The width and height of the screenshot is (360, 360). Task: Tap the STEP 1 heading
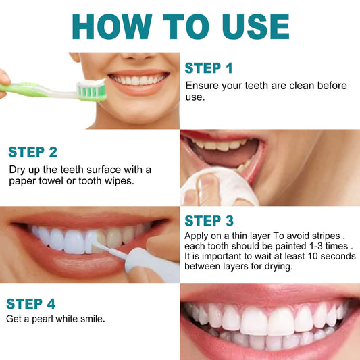(209, 68)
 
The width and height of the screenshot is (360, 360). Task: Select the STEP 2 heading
(33, 151)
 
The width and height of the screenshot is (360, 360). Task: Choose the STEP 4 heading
(32, 303)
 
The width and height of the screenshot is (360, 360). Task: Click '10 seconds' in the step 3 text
(315, 257)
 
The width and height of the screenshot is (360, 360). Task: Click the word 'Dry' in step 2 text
(17, 169)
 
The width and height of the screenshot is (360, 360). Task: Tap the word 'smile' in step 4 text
(92, 318)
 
